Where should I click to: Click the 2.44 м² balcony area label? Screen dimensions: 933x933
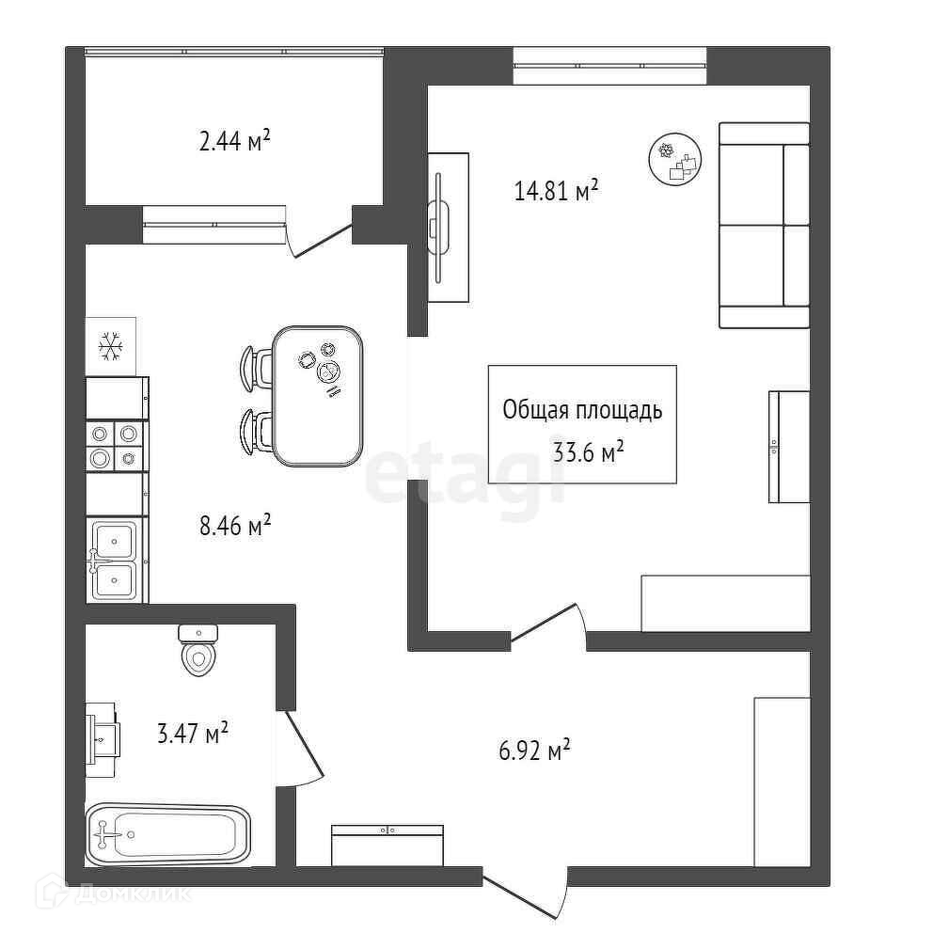tap(234, 142)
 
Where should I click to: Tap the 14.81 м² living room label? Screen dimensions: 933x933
tap(556, 190)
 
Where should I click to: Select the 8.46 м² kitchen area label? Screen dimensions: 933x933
tap(235, 526)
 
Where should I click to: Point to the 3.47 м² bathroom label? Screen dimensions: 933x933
tap(193, 733)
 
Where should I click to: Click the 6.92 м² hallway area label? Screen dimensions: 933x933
tap(534, 751)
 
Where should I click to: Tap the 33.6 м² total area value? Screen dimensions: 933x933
tap(588, 452)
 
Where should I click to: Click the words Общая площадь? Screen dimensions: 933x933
tap(582, 411)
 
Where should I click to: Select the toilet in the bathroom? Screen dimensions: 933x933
tap(198, 650)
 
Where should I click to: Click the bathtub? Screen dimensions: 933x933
tap(167, 834)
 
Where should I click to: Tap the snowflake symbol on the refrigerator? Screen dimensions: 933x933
tap(111, 346)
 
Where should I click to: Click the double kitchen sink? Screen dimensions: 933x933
tap(114, 560)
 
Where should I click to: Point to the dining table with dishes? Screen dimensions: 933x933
tap(318, 396)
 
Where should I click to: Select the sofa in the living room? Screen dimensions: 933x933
tap(764, 225)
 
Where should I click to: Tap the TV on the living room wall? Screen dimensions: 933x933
tap(439, 228)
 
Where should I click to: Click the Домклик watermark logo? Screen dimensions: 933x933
tap(113, 893)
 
